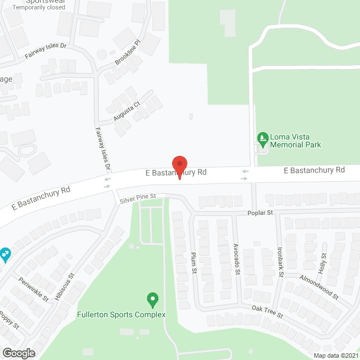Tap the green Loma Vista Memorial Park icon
[262, 138]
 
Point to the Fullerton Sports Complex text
[121, 314]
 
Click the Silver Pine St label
[137, 197]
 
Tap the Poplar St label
[260, 213]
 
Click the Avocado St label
[237, 259]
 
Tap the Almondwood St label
[318, 286]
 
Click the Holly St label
[324, 263]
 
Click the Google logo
[18, 353]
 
